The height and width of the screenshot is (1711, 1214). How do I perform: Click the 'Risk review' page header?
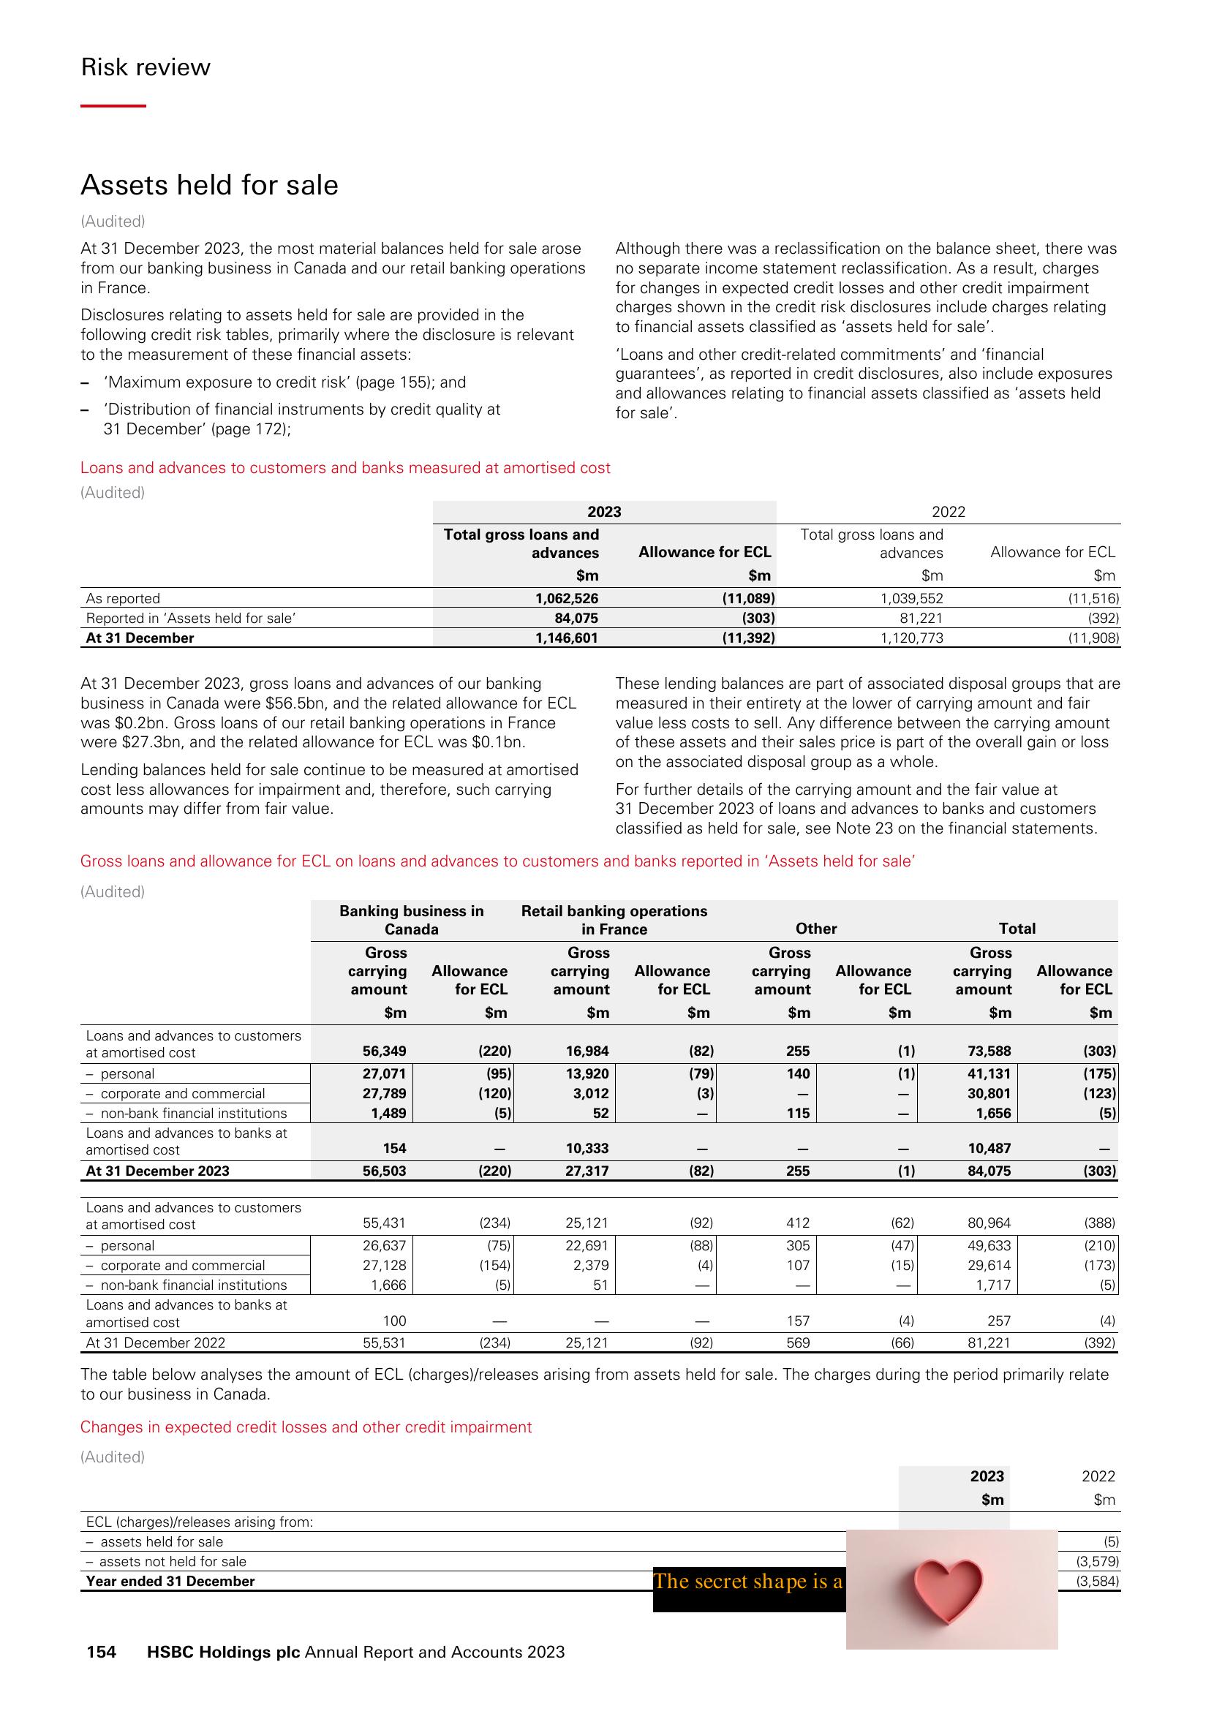(145, 67)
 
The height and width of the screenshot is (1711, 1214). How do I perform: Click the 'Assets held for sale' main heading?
(209, 185)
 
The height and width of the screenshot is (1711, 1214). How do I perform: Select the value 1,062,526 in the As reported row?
(567, 598)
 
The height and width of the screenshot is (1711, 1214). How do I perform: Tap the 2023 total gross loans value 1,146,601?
(567, 638)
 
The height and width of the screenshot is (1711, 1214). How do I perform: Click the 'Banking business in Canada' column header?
(411, 919)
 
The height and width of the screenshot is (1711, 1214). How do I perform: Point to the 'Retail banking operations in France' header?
(614, 919)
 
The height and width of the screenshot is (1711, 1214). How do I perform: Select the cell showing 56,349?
(384, 1050)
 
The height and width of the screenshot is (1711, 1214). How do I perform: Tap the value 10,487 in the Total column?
(989, 1148)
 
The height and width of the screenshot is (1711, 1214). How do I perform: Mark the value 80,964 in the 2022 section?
(989, 1223)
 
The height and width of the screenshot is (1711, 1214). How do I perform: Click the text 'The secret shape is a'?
(747, 1581)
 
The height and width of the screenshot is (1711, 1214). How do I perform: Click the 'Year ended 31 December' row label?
(170, 1581)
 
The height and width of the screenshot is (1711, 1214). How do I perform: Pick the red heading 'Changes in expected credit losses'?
(306, 1427)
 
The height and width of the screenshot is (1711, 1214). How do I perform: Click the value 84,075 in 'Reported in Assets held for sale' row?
(576, 618)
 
